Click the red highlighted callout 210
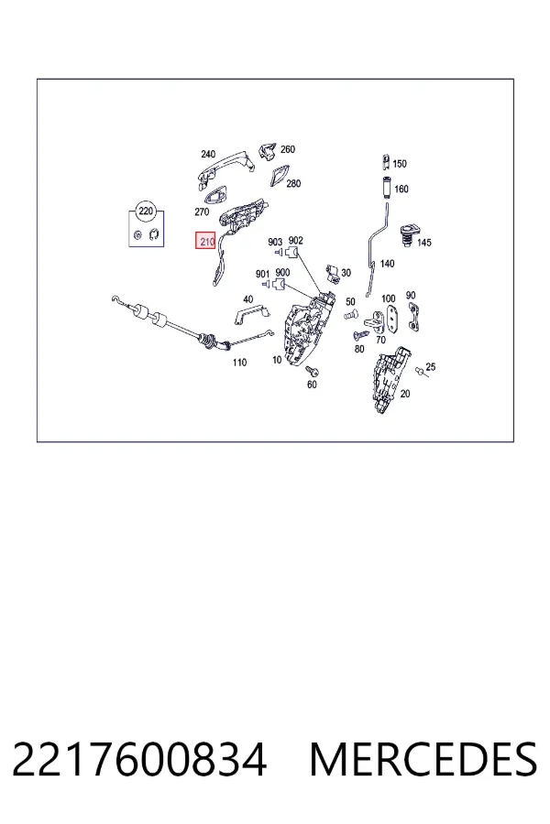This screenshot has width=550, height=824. click(205, 241)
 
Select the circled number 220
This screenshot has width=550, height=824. click(145, 211)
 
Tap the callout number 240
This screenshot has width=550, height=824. click(208, 154)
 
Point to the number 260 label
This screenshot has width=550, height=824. click(288, 149)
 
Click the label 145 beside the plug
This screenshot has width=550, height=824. click(423, 243)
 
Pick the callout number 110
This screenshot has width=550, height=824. click(239, 362)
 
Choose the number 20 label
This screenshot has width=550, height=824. click(405, 394)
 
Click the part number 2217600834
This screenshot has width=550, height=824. click(139, 759)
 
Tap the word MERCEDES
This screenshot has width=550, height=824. click(423, 759)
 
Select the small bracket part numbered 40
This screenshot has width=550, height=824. click(251, 314)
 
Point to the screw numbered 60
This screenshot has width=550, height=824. click(312, 371)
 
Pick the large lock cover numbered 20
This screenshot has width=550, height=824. click(390, 379)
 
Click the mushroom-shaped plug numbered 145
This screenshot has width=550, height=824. click(408, 233)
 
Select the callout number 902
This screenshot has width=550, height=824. click(296, 240)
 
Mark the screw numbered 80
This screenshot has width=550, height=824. click(361, 334)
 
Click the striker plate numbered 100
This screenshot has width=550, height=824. click(392, 317)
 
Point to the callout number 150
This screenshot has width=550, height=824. click(400, 164)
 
